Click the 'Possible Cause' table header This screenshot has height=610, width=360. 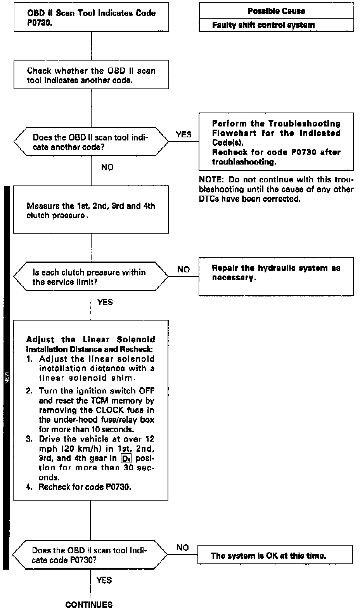point(276,11)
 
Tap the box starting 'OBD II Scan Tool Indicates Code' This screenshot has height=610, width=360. point(92,18)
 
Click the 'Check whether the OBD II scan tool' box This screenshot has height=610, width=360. point(91,75)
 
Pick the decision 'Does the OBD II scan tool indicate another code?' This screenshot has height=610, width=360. point(91,142)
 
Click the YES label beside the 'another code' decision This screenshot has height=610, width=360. point(183,135)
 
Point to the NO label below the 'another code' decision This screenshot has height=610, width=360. point(107,167)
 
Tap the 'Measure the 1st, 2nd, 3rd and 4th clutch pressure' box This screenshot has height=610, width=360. point(91,210)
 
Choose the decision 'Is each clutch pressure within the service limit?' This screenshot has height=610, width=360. point(91,277)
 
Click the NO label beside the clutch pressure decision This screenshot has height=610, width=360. point(183,269)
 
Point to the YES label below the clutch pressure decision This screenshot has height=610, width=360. point(105,302)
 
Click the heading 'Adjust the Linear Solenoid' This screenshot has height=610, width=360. point(90,340)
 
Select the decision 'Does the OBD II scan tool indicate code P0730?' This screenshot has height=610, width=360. point(90,555)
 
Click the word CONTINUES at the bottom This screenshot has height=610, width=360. point(89,604)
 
